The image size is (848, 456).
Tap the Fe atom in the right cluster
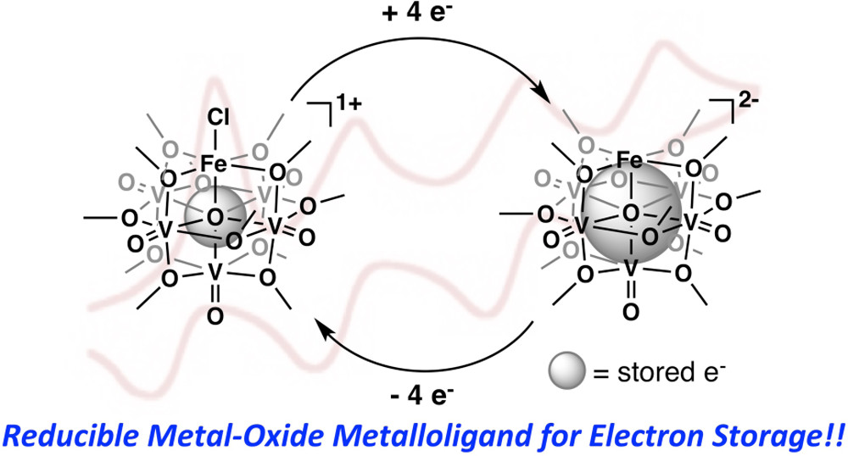628,158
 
